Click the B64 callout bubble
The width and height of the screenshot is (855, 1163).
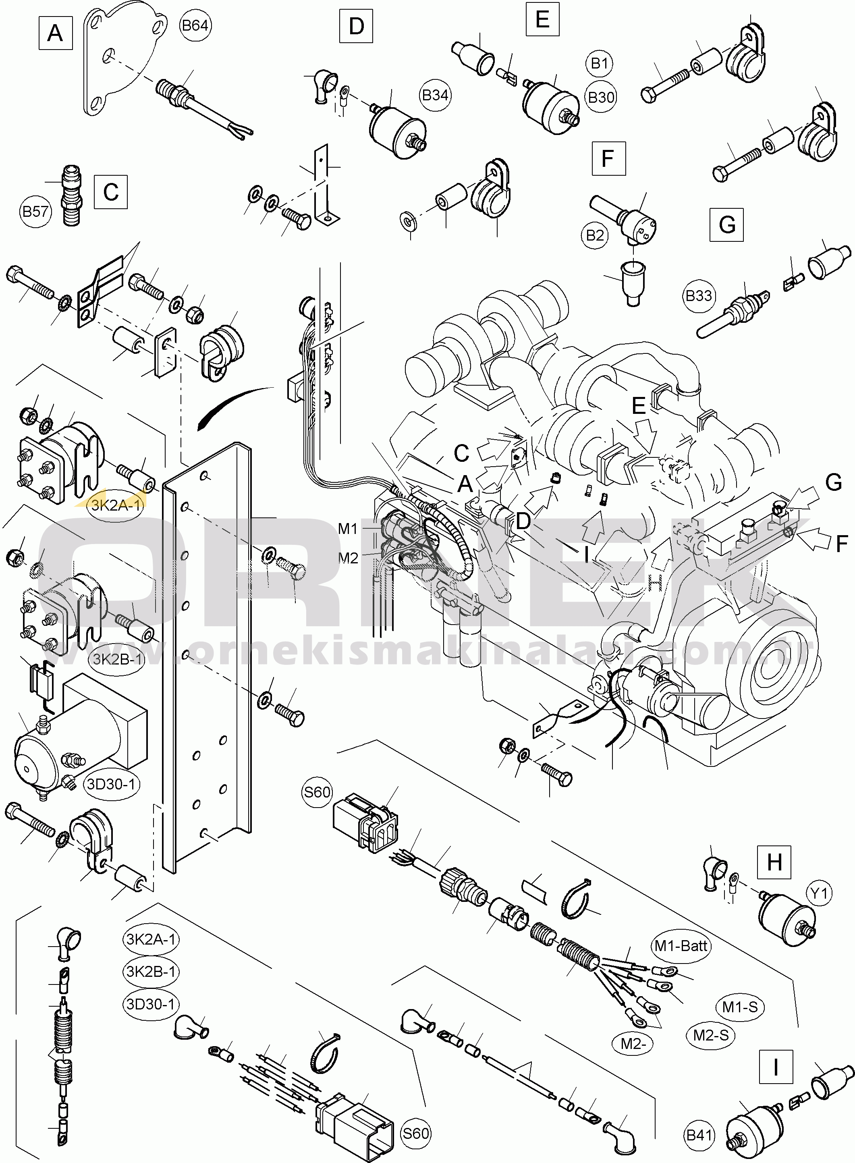click(195, 25)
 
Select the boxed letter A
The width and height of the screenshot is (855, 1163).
click(55, 33)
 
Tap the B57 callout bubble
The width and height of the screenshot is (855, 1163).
click(35, 211)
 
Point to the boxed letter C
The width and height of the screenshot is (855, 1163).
click(111, 192)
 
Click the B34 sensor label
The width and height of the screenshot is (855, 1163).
click(435, 95)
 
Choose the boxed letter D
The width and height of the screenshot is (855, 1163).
click(356, 25)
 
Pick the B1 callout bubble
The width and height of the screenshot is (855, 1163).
click(599, 63)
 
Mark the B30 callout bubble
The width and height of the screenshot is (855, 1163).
click(601, 97)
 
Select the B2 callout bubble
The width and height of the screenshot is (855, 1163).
click(595, 235)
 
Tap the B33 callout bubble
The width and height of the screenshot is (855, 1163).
click(699, 295)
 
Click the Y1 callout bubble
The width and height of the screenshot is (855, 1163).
click(819, 893)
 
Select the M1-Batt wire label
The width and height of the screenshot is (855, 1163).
click(681, 946)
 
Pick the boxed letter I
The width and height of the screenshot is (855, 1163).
click(776, 1067)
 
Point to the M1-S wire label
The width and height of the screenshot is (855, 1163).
click(740, 1007)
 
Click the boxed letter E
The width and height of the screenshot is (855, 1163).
click(542, 19)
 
